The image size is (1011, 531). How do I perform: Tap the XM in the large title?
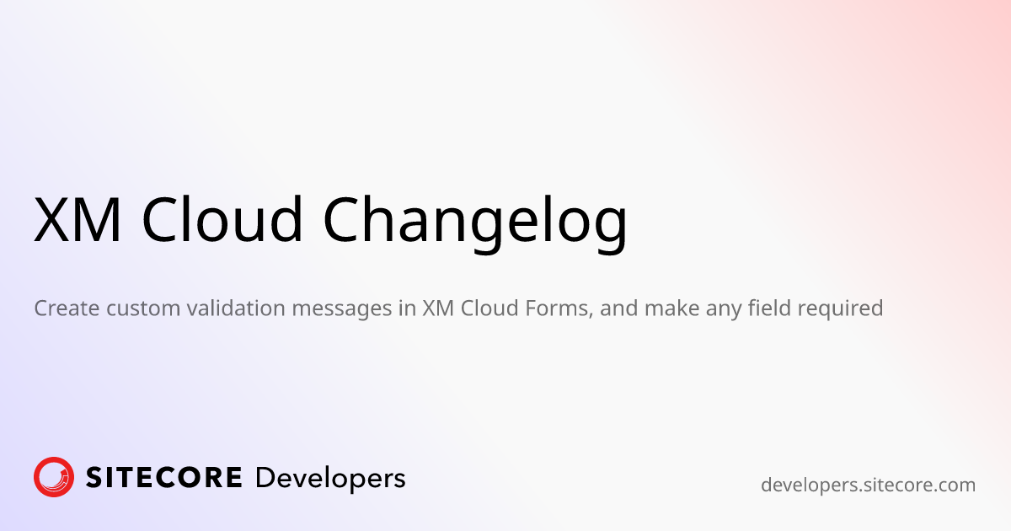click(x=78, y=220)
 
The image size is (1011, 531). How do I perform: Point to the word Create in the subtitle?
click(x=67, y=308)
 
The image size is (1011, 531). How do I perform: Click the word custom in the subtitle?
click(x=143, y=308)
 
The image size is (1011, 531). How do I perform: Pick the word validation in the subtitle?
click(x=236, y=308)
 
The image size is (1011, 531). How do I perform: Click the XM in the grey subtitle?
click(x=438, y=308)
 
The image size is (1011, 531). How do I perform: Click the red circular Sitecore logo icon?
click(x=54, y=477)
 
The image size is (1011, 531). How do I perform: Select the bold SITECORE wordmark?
click(x=163, y=478)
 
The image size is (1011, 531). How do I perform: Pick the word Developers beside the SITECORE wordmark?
click(x=330, y=480)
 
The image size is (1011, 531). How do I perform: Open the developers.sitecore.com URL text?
click(x=868, y=485)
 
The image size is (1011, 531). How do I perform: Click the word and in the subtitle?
click(x=618, y=308)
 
